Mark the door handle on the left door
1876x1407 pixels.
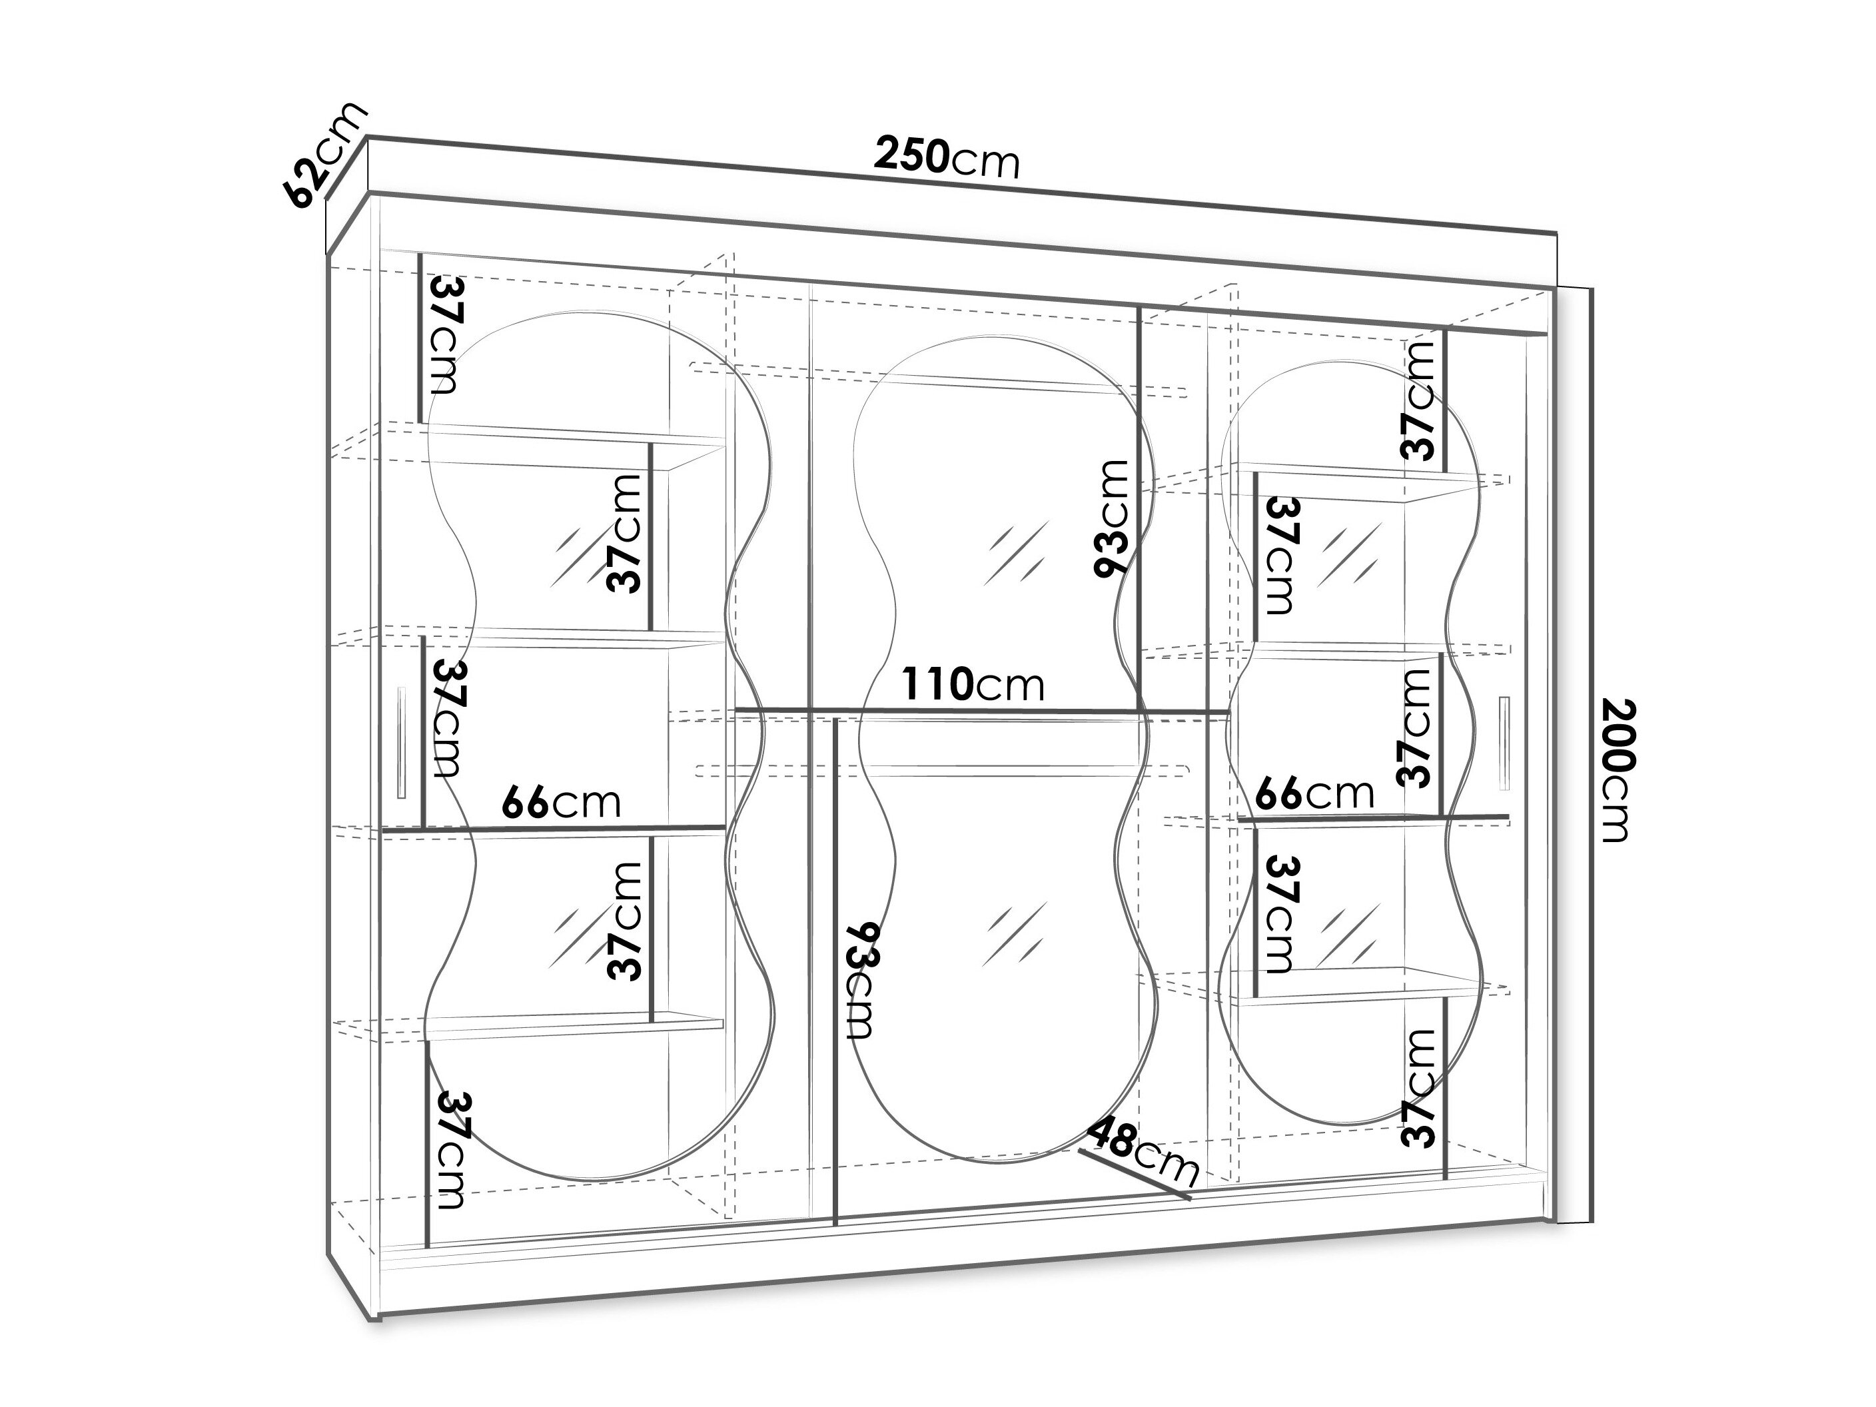[x=401, y=742]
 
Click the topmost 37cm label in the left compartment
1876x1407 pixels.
[x=445, y=335]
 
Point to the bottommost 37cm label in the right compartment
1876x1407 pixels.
[x=1419, y=1088]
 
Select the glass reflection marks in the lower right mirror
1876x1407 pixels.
[x=1348, y=935]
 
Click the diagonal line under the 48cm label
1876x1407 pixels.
[x=1135, y=1174]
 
